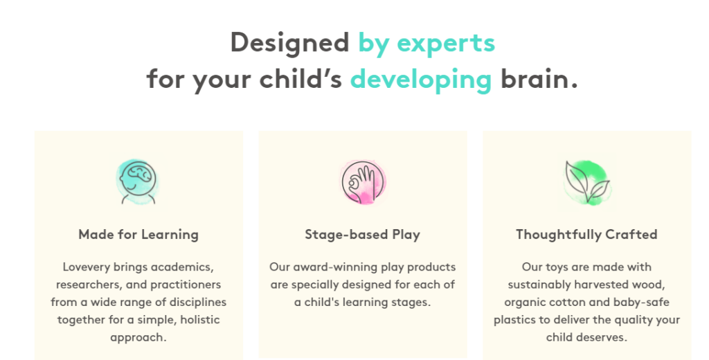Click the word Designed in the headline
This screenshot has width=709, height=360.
point(290,44)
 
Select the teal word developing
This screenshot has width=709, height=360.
point(421,80)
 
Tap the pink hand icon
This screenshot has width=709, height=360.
point(363,182)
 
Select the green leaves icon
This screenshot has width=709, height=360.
point(587,182)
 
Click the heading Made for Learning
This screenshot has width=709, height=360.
point(138,234)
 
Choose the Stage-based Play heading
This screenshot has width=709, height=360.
point(363,234)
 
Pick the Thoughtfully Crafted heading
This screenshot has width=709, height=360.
point(587,234)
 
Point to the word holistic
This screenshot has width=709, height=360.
point(200,319)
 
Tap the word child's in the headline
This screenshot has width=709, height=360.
point(300,79)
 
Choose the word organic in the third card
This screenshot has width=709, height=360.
point(525,303)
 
